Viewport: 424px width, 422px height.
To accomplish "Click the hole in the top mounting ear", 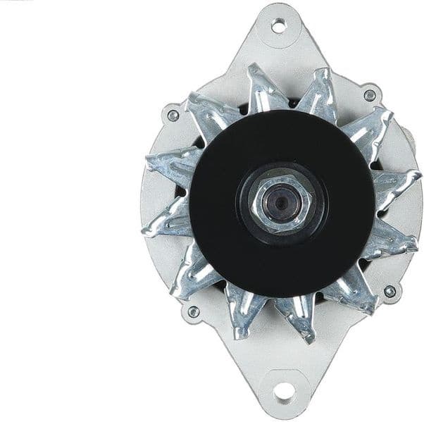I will click(x=278, y=26).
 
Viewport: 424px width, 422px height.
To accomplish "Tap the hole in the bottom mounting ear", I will click(x=282, y=392).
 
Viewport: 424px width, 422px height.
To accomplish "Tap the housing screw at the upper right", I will click(x=369, y=95).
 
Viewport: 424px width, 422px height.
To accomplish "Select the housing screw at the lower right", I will click(x=389, y=290).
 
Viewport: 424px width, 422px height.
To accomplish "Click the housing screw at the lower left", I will click(x=192, y=311).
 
